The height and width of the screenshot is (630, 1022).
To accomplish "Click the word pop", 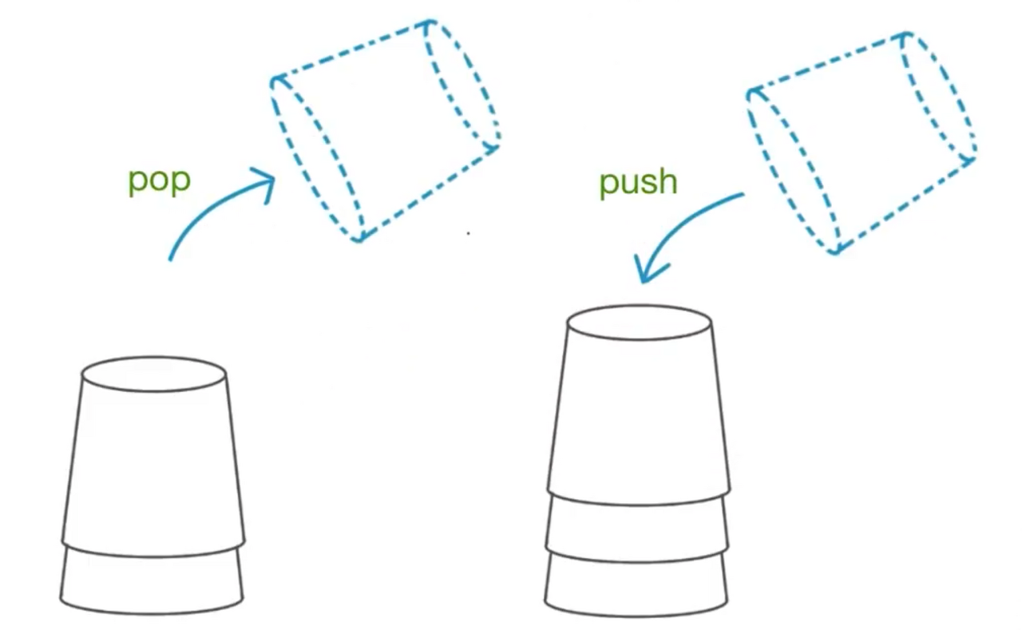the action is tap(159, 180).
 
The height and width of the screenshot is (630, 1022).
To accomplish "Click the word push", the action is tap(638, 183).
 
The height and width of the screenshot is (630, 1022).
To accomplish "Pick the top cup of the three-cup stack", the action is tap(639, 407).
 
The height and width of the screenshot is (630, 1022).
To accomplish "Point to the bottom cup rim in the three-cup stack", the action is tap(636, 583).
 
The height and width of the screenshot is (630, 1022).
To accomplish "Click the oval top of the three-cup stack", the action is tap(639, 323).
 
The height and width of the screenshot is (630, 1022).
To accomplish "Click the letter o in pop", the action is tap(159, 181).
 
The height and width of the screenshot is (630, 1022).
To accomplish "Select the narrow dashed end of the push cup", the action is tap(939, 97).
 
